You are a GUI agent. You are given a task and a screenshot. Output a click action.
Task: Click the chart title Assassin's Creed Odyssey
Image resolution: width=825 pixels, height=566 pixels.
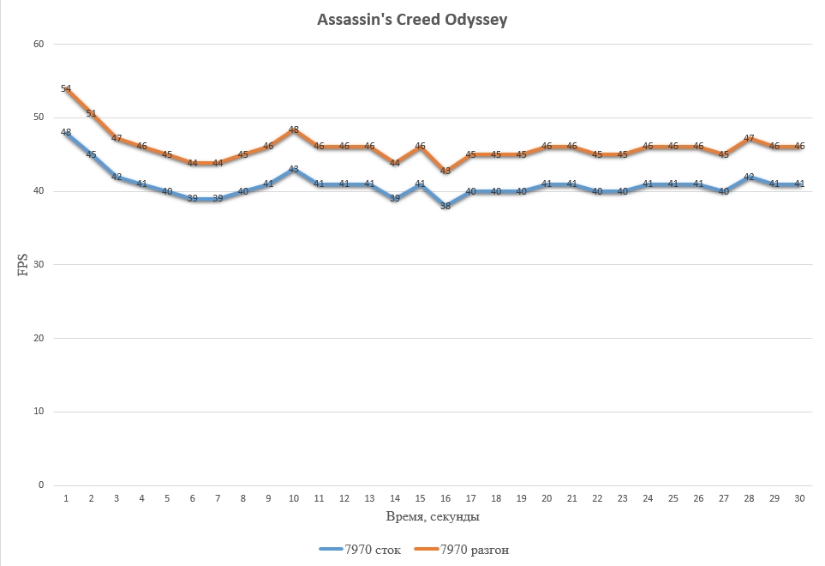click(412, 19)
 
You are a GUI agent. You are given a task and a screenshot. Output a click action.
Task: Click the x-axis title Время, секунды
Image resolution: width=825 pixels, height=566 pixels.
click(431, 517)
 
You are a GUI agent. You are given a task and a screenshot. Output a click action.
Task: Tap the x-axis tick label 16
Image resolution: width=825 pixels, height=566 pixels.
click(445, 498)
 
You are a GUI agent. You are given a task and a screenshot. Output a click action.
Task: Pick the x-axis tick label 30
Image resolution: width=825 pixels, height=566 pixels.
click(799, 498)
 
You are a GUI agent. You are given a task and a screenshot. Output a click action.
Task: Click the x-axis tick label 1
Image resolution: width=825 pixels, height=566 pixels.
click(66, 498)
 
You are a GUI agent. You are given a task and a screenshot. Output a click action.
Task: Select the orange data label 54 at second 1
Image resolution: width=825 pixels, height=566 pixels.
click(66, 88)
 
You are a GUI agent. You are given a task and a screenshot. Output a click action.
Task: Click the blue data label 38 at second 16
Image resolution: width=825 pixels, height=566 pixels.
click(445, 206)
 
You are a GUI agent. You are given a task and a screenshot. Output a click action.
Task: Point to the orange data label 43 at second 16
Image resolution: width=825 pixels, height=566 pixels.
click(445, 170)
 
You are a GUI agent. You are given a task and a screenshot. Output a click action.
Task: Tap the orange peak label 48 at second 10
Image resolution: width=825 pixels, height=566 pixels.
click(294, 130)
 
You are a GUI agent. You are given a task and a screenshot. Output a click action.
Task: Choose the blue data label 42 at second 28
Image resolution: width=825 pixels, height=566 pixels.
click(749, 177)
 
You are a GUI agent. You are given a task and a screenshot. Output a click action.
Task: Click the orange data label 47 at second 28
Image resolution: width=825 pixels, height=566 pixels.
click(749, 138)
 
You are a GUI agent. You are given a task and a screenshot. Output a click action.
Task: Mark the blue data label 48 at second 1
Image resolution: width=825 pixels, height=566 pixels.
click(66, 132)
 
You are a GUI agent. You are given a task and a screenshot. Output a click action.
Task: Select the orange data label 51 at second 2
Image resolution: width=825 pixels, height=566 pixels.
click(92, 112)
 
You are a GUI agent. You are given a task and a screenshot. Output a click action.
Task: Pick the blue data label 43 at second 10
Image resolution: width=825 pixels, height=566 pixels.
click(294, 169)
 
